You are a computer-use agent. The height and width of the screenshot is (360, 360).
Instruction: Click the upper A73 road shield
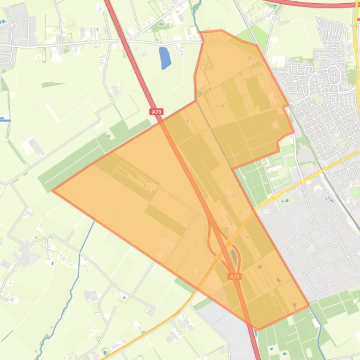click(157, 112)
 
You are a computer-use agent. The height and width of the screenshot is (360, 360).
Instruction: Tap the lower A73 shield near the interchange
click(235, 276)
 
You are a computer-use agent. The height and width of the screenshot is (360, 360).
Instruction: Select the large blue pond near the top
click(165, 58)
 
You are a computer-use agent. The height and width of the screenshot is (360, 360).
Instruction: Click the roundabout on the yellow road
click(272, 199)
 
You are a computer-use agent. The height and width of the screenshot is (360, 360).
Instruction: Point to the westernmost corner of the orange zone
click(52, 190)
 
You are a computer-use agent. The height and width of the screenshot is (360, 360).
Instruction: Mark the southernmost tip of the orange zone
click(258, 330)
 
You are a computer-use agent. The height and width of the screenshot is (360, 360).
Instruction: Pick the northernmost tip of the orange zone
click(220, 30)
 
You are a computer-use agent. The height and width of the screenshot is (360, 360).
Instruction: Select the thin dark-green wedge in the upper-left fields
click(52, 85)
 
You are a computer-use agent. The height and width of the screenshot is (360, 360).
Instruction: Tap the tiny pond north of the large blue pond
click(162, 24)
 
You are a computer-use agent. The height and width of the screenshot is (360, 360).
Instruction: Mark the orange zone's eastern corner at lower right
click(309, 305)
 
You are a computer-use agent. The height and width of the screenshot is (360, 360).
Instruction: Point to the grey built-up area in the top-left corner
click(14, 28)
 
